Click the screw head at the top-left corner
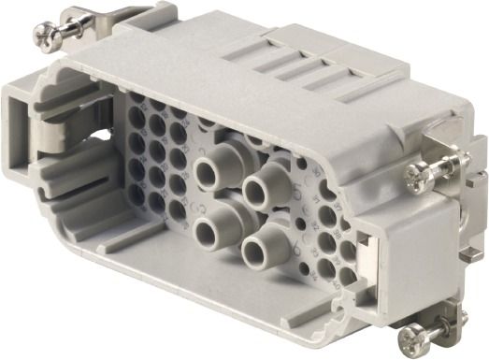[x=44, y=36]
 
